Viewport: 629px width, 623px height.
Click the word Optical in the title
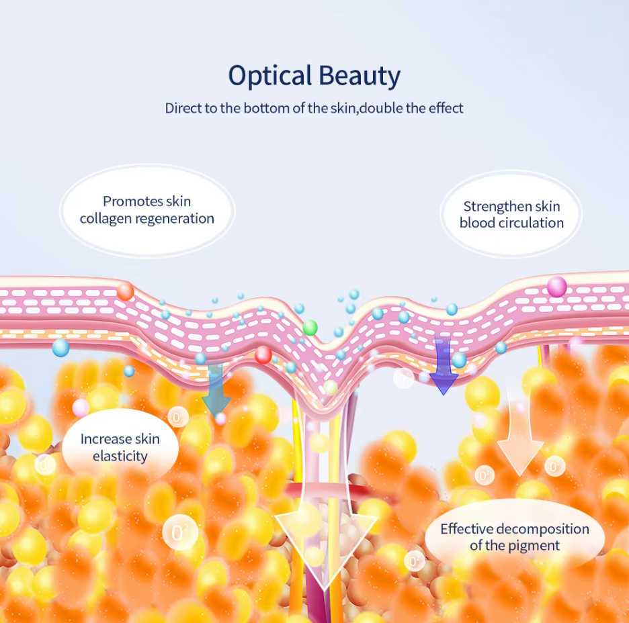270,76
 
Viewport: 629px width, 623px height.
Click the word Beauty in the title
360,76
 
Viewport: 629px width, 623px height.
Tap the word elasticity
120,457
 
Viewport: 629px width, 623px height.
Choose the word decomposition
543,529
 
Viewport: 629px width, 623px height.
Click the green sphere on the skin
310,328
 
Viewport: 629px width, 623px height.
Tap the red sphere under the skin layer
263,354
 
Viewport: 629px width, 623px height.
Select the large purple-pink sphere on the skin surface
557,287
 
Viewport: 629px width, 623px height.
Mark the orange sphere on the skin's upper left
125,291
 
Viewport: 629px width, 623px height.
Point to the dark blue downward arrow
444,365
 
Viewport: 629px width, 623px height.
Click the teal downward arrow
216,388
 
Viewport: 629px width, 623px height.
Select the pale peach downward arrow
520,433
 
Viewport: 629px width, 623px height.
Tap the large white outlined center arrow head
326,553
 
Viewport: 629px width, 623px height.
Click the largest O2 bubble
180,532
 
